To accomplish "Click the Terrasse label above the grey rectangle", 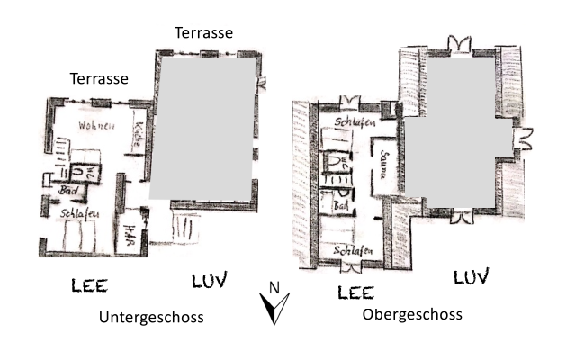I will coord(204,32).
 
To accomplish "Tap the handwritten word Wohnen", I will coord(96,126).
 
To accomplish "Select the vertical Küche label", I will coord(139,140).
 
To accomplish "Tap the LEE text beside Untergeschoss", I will coord(90,286).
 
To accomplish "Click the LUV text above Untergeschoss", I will coord(210,280).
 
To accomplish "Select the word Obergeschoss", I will coord(412,315).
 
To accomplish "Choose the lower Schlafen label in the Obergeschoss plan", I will coord(354,250).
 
